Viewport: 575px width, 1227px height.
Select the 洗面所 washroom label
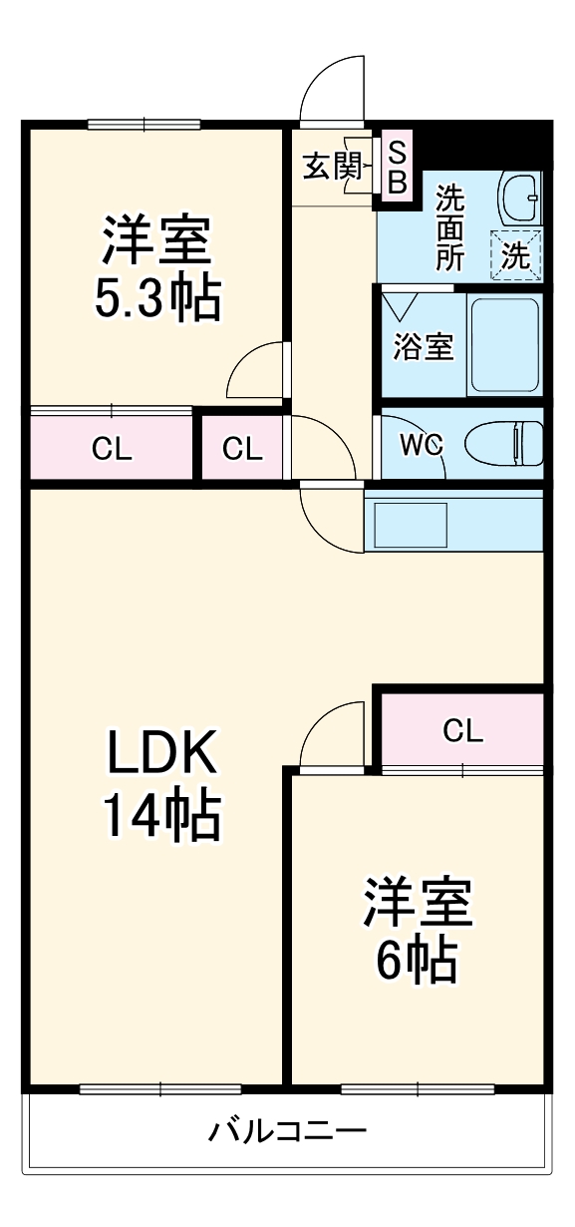pyautogui.click(x=449, y=227)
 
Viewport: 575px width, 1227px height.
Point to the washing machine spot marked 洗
pyautogui.click(x=515, y=255)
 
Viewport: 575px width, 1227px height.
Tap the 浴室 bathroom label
pyautogui.click(x=423, y=347)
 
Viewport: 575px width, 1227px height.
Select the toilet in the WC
pyautogui.click(x=504, y=442)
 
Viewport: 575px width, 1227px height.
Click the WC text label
pyautogui.click(x=421, y=445)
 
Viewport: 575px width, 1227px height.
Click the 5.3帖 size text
pyautogui.click(x=156, y=297)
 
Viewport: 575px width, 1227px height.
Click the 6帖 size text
pyautogui.click(x=417, y=960)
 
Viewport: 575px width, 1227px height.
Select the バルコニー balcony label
pyautogui.click(x=287, y=1131)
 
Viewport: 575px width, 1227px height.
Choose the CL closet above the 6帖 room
pyautogui.click(x=462, y=732)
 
